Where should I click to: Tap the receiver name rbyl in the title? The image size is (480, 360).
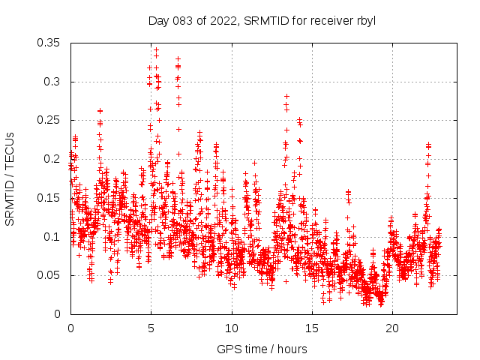coord(364,20)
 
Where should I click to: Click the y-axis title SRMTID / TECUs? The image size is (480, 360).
coord(10,178)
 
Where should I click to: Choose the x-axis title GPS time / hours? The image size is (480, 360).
coord(262,349)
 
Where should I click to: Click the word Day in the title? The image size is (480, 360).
coord(157,20)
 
